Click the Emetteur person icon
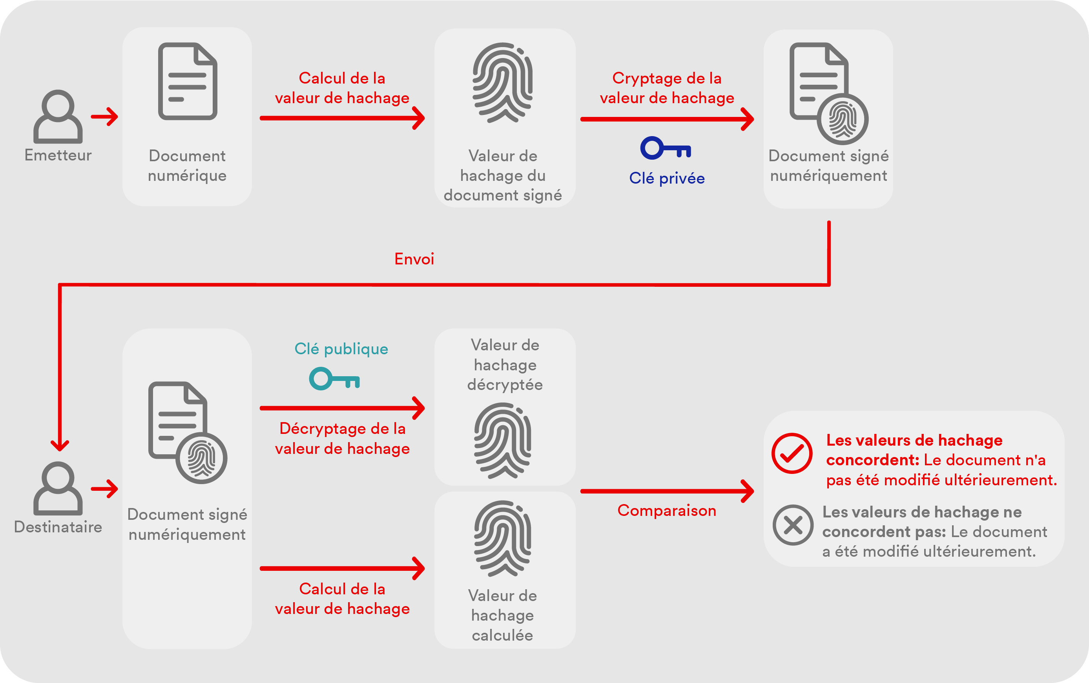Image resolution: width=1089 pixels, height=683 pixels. tap(58, 117)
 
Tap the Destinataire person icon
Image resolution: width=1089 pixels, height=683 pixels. tap(58, 488)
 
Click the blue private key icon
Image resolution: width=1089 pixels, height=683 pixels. tap(665, 148)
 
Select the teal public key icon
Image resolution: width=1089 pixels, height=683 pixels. tap(334, 379)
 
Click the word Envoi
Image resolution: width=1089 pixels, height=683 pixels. tap(414, 259)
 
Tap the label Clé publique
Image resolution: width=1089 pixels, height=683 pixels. tap(341, 349)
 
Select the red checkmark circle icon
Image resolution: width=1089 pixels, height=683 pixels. tap(792, 453)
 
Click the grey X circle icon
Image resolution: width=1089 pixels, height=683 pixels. tap(793, 525)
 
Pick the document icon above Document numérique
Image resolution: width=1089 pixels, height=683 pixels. tap(188, 81)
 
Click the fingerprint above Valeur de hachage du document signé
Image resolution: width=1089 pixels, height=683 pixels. tap(502, 83)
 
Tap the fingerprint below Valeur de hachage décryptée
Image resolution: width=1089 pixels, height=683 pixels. tap(502, 441)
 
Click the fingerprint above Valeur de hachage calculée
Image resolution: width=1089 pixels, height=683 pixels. tap(502, 539)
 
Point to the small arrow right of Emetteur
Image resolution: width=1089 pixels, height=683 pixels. tap(104, 117)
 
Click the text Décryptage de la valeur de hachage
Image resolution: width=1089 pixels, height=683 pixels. tap(342, 438)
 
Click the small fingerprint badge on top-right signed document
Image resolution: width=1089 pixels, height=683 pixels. tap(842, 120)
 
